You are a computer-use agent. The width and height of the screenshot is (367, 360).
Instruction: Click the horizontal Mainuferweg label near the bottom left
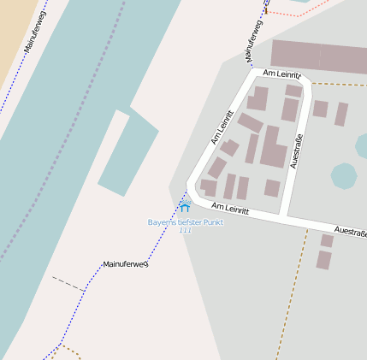(125, 264)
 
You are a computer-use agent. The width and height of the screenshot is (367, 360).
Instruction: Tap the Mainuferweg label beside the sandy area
(35, 32)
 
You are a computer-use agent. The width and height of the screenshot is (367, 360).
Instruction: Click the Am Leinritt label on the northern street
(282, 74)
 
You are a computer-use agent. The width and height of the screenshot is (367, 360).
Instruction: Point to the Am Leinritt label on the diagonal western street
(222, 127)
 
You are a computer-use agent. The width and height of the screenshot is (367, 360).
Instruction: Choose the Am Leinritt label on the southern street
(230, 209)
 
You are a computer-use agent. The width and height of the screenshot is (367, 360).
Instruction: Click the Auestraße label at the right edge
(351, 231)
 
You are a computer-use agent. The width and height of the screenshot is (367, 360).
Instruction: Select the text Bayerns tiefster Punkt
(186, 222)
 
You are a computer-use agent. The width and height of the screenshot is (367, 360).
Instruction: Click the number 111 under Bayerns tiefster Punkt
(186, 231)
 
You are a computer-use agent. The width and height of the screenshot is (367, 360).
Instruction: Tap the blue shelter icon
(185, 206)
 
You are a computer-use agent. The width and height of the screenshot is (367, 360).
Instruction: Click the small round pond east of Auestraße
(343, 176)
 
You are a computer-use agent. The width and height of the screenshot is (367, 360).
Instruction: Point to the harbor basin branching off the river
(128, 154)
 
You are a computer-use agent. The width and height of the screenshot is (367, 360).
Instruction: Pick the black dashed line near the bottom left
(68, 283)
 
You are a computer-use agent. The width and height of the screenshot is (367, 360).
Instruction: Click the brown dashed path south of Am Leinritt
(291, 291)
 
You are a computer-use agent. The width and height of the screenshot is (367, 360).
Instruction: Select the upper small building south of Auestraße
(326, 241)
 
